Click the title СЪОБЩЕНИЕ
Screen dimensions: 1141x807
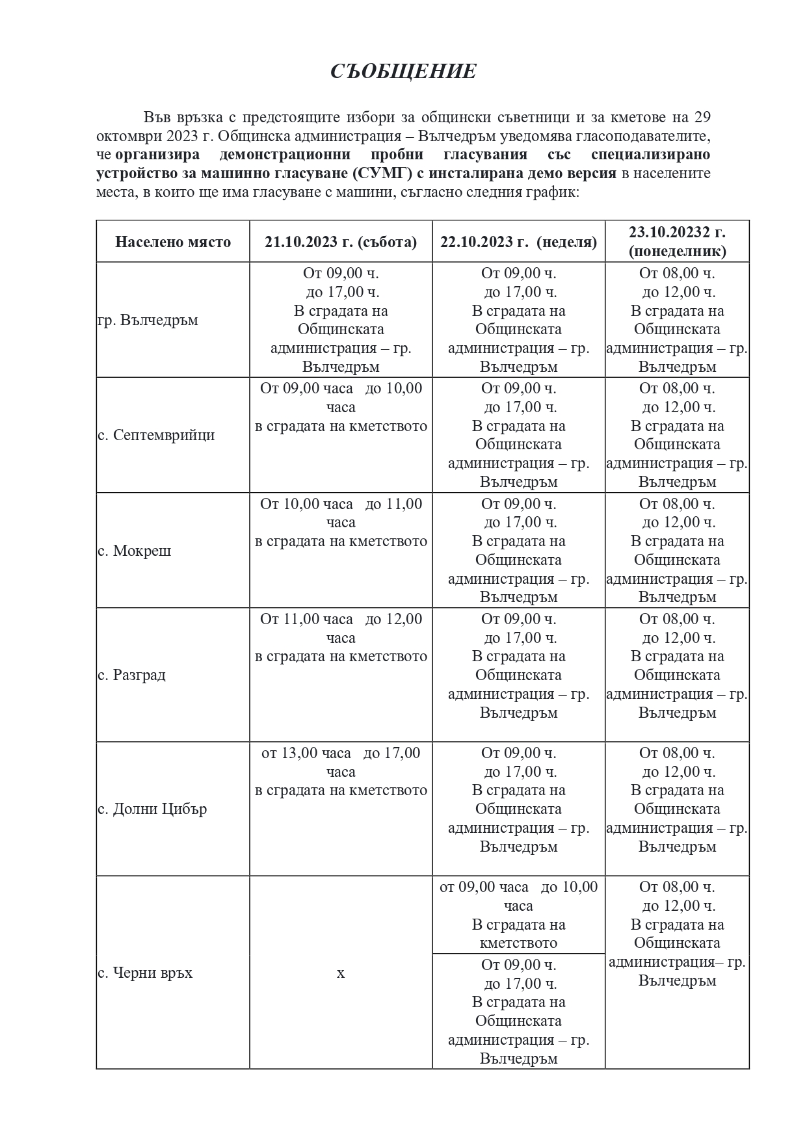point(403,72)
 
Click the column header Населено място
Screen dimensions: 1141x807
point(173,242)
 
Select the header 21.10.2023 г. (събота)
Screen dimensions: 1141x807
point(341,242)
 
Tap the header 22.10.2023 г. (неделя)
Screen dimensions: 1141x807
point(518,242)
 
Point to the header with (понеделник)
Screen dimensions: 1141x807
point(677,251)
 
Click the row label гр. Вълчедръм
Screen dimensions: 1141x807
point(148,321)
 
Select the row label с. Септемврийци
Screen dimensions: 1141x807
point(156,436)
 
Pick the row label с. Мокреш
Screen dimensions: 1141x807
point(135,551)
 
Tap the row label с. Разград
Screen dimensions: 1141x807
point(132,675)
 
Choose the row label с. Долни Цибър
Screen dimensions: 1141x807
point(152,809)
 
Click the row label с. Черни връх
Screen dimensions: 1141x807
point(145,973)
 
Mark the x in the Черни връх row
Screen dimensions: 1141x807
point(341,973)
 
